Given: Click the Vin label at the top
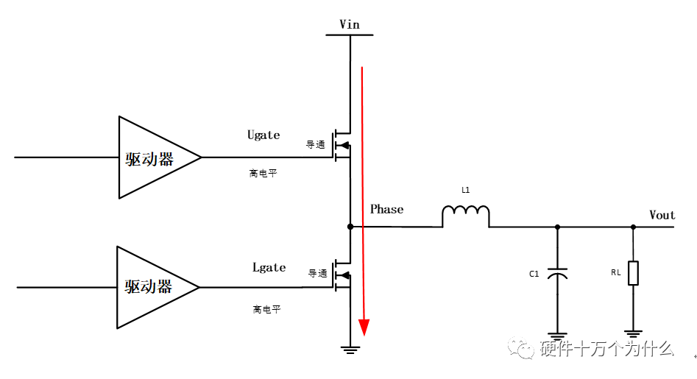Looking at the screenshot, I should [350, 24].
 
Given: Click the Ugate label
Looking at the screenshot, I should [263, 135].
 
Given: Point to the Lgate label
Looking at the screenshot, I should [269, 267].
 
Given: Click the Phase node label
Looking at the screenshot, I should [386, 209].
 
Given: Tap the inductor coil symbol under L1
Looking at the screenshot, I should [465, 216].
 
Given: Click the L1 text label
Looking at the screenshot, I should [465, 190].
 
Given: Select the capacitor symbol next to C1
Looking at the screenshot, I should [557, 274].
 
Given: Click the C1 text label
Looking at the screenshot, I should [534, 274].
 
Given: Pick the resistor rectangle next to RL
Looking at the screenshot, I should [633, 273].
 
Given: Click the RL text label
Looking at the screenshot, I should [615, 272].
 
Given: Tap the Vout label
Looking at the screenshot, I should [662, 215].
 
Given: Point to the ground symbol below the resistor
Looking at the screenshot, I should [633, 333].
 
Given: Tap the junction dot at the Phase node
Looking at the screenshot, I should [350, 227].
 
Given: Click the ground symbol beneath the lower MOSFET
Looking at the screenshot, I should [350, 349].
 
